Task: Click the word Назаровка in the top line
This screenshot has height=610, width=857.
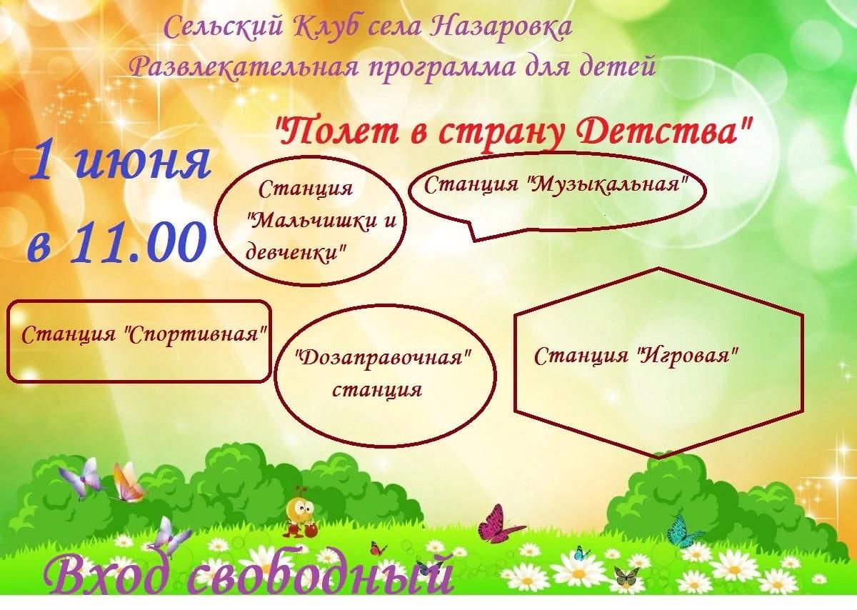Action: [x=501, y=28]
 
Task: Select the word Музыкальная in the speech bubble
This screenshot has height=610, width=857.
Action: [x=609, y=184]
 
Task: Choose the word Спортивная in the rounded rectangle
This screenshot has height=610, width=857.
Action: [x=195, y=334]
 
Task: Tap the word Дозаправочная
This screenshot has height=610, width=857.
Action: [x=384, y=359]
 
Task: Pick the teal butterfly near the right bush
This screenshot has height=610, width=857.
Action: [x=682, y=532]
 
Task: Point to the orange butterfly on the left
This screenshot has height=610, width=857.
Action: [x=127, y=482]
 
